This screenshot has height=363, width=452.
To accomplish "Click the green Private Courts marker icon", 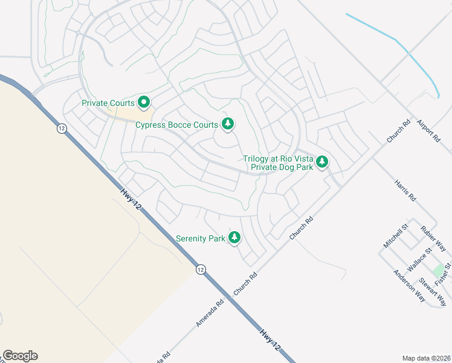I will [144, 103].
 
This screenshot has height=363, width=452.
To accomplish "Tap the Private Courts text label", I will [108, 103].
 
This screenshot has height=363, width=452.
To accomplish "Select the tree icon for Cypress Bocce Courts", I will [228, 125].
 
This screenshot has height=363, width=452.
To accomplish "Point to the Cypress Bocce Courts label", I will [176, 125].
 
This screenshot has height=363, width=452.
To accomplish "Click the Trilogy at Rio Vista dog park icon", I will [322, 162].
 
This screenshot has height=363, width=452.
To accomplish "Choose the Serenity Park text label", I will [200, 238].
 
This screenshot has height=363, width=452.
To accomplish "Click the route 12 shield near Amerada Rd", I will [201, 269].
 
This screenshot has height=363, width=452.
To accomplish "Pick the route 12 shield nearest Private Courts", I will [62, 128].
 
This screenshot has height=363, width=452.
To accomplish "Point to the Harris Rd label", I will [405, 190].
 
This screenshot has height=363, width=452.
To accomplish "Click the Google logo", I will [20, 356].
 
